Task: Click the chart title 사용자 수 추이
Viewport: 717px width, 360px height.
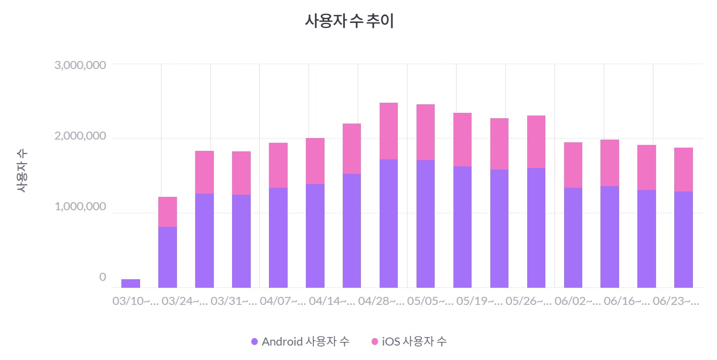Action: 349,21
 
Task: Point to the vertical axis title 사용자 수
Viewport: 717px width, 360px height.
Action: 21,171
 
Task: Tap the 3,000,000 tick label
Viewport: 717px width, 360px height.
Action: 80,65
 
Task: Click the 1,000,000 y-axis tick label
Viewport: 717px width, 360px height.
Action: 80,207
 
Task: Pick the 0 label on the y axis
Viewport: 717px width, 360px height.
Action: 103,277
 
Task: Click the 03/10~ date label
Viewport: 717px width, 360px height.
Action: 135,302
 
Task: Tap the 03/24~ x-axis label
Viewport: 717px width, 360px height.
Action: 184,302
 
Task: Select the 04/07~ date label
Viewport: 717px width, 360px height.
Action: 283,302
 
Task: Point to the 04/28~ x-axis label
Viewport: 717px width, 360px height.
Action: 381,302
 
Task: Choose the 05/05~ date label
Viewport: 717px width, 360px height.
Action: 430,302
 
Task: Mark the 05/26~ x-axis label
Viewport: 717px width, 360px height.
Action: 529,302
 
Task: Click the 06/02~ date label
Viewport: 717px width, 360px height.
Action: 578,302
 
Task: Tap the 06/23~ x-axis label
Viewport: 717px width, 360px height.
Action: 676,302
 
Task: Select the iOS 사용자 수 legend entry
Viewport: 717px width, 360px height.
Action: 409,342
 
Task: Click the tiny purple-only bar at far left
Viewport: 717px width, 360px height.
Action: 130,284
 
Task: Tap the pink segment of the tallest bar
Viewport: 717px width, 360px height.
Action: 389,131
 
